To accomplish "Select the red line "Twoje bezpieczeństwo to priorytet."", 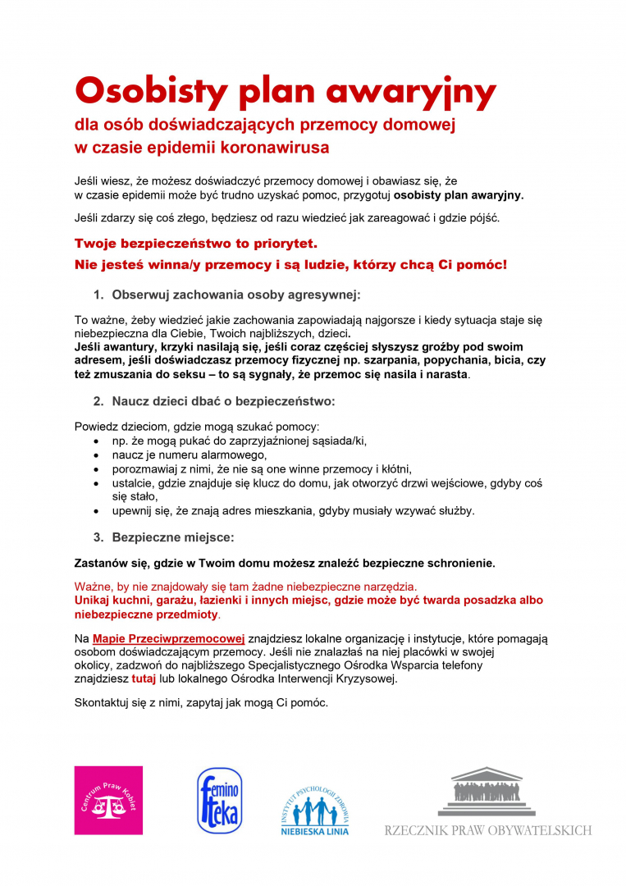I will click(x=195, y=244).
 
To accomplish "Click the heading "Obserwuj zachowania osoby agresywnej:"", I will click(x=236, y=295).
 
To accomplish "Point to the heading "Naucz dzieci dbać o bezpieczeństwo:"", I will click(x=224, y=401).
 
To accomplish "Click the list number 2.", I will click(x=97, y=401).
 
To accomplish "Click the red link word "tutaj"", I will click(x=144, y=679).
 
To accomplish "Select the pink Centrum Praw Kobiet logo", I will click(x=108, y=800).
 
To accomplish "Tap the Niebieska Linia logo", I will click(x=316, y=807).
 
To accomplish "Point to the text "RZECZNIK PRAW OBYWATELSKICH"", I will click(x=487, y=830).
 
